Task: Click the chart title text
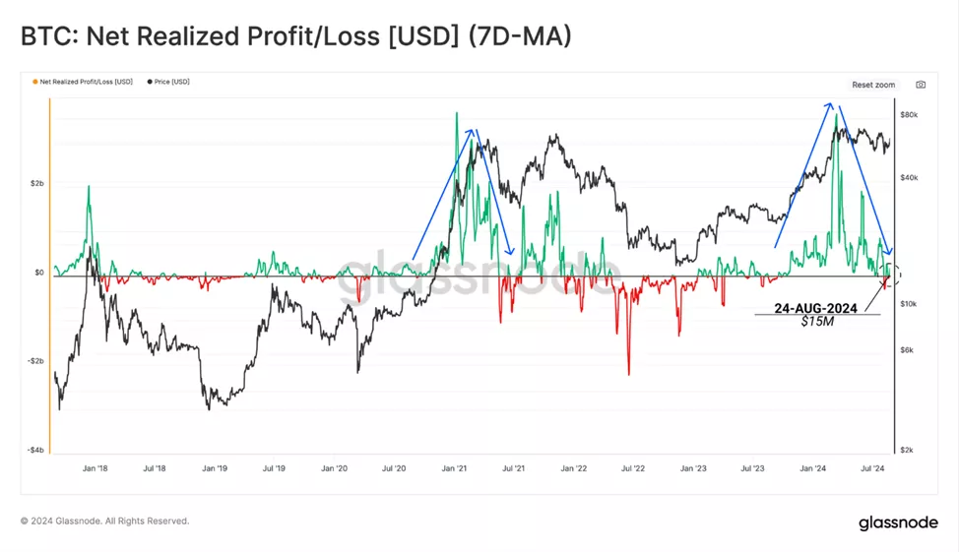coord(295,36)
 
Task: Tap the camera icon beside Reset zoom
coord(921,85)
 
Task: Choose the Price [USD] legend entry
coord(170,82)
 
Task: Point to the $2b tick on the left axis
coord(35,184)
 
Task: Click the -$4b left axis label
coord(33,451)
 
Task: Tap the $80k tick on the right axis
coord(909,115)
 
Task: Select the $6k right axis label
coord(907,350)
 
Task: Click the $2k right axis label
coord(907,450)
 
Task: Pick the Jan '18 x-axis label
coord(96,469)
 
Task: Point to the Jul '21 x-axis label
coord(513,469)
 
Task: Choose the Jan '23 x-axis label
coord(693,469)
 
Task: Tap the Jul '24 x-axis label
coord(872,469)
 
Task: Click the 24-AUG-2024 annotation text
coord(815,308)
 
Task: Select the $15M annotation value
coord(817,322)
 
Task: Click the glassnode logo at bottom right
coord(898,522)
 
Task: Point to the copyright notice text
coord(104,521)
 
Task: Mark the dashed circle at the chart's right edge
coord(893,274)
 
